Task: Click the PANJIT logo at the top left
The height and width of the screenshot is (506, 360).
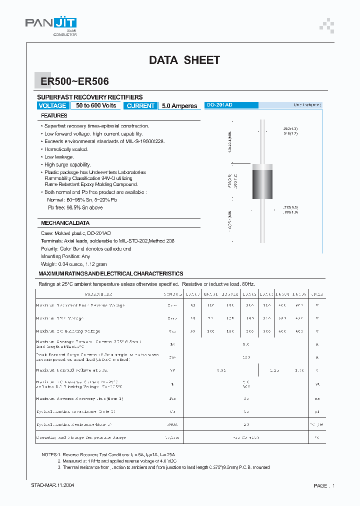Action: coord(51,24)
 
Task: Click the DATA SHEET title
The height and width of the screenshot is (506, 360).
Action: coord(184,60)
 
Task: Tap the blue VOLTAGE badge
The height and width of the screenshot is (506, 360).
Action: coord(52,106)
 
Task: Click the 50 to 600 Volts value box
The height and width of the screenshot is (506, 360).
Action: coord(96,106)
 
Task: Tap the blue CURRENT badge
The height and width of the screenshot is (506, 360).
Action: coord(140,106)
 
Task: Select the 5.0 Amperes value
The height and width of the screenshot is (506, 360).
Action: coord(179,106)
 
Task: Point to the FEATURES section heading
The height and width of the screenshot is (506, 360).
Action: coord(54,116)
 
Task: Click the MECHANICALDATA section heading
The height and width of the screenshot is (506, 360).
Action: coord(65,223)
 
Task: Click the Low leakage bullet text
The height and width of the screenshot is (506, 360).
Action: coord(59,157)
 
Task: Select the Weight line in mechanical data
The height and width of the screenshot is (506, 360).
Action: coord(73,264)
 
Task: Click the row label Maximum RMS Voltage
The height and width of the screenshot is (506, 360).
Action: coord(60,318)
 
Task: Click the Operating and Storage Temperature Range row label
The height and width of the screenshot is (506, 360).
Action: coord(80,436)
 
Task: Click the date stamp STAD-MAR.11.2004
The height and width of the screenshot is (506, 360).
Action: coord(53,485)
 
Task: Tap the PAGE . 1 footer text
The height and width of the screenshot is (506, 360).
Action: coord(324,485)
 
